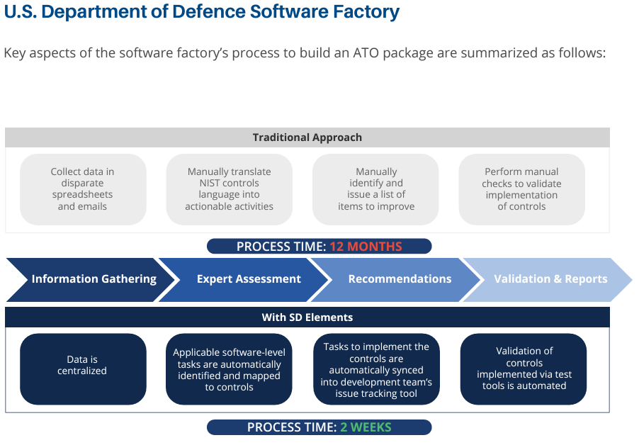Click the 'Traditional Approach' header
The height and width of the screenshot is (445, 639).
click(307, 137)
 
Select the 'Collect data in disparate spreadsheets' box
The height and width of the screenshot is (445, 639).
click(83, 189)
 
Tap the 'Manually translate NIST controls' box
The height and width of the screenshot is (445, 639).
click(229, 189)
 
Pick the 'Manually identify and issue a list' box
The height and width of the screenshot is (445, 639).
click(375, 189)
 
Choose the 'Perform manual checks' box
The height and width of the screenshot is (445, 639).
click(521, 189)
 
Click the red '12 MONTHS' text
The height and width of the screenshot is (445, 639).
click(366, 247)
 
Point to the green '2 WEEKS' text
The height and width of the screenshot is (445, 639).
click(366, 427)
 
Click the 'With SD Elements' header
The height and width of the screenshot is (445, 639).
click(307, 317)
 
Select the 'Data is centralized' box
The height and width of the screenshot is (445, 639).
click(83, 369)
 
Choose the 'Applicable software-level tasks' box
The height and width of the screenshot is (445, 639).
click(229, 369)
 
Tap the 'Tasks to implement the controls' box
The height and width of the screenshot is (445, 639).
click(377, 369)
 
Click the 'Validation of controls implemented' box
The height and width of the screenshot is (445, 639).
click(524, 369)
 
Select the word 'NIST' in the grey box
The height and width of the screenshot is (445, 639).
click(209, 183)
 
